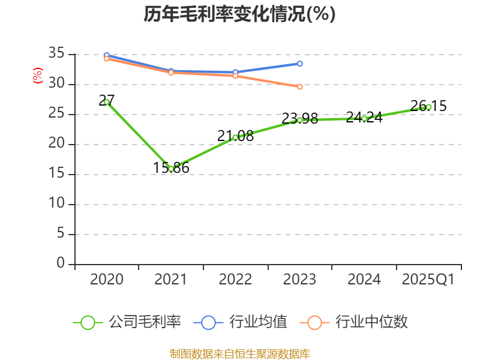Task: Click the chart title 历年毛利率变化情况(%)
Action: click(x=239, y=14)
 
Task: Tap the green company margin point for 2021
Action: click(x=171, y=169)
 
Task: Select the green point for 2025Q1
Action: click(x=428, y=107)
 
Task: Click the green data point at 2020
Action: click(x=107, y=102)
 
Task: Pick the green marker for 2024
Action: click(x=364, y=118)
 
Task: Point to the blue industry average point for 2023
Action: click(x=300, y=64)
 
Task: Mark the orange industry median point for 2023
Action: click(x=300, y=86)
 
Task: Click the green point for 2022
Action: click(x=235, y=137)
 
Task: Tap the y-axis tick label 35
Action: click(x=56, y=54)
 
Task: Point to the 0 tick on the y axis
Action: click(x=60, y=263)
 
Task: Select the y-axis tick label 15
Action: click(x=56, y=174)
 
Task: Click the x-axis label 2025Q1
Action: click(x=428, y=280)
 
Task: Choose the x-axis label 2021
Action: click(x=171, y=280)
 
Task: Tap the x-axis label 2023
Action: click(x=300, y=280)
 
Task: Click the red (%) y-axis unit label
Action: click(x=38, y=76)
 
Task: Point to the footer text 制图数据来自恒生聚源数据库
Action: click(x=239, y=353)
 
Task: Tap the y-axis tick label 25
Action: click(x=56, y=114)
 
